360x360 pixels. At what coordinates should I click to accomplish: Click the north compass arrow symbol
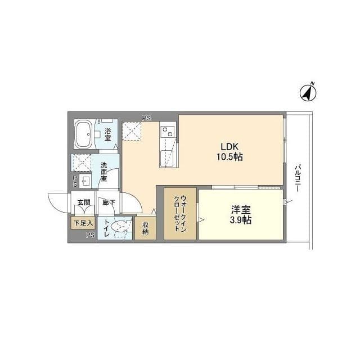[x=308, y=92]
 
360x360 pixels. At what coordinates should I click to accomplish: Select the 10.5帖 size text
[x=229, y=157]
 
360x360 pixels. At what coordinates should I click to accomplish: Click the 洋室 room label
[x=241, y=209]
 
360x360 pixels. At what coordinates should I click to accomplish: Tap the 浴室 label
[x=107, y=134]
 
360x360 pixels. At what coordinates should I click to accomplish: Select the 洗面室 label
[x=105, y=172]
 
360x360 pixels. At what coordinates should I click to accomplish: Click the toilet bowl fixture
[x=119, y=227]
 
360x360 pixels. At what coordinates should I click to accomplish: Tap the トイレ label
[x=106, y=227]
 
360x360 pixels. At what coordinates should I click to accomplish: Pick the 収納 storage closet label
[x=145, y=228]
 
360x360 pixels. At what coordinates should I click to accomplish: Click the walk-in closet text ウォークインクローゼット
[x=180, y=214]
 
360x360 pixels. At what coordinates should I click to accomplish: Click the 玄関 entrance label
[x=83, y=202]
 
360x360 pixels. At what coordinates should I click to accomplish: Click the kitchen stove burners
[x=167, y=132]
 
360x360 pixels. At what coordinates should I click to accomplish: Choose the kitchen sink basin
[x=167, y=157]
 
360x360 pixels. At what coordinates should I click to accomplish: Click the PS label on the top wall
[x=146, y=118]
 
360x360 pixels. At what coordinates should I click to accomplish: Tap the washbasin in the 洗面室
[x=85, y=181]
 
